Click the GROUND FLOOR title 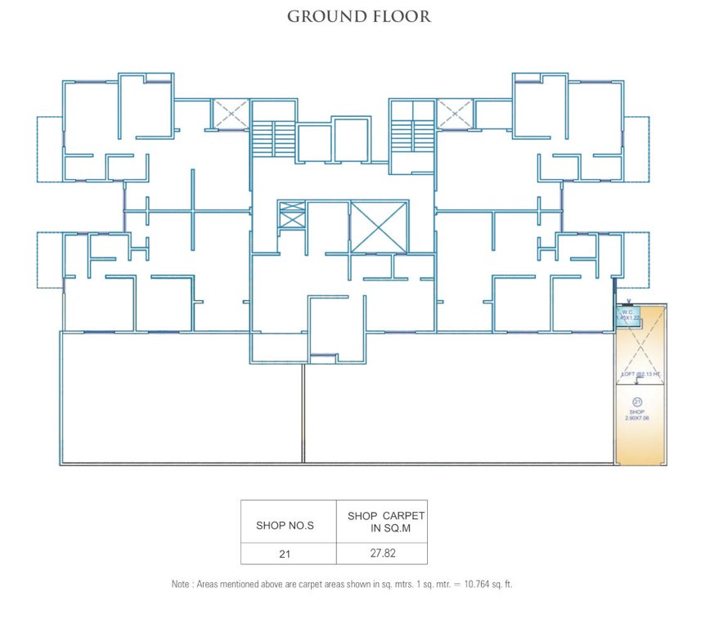pyautogui.click(x=358, y=16)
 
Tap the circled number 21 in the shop pyautogui.click(x=637, y=401)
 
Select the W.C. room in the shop pyautogui.click(x=628, y=316)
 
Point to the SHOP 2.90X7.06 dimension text pyautogui.click(x=637, y=414)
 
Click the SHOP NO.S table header pyautogui.click(x=285, y=526)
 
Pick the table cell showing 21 pyautogui.click(x=285, y=554)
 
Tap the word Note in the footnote pyautogui.click(x=180, y=585)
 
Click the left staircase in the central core pyautogui.click(x=272, y=136)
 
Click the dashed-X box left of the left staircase pyautogui.click(x=230, y=114)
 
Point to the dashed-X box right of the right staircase pyautogui.click(x=455, y=114)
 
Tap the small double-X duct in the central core pyautogui.click(x=291, y=214)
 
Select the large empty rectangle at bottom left pyautogui.click(x=181, y=398)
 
